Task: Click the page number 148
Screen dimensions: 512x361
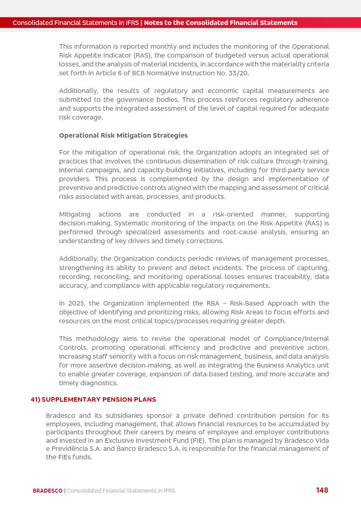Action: tap(322, 490)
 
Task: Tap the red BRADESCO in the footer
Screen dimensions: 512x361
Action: tap(47, 491)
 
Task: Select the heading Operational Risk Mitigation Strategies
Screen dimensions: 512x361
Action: tap(123, 135)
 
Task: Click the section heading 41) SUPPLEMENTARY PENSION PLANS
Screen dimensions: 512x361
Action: tap(93, 399)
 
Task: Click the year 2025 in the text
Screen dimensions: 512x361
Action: tap(76, 303)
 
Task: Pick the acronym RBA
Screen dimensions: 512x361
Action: tap(213, 303)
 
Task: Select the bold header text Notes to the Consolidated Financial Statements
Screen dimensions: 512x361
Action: tap(221, 23)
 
